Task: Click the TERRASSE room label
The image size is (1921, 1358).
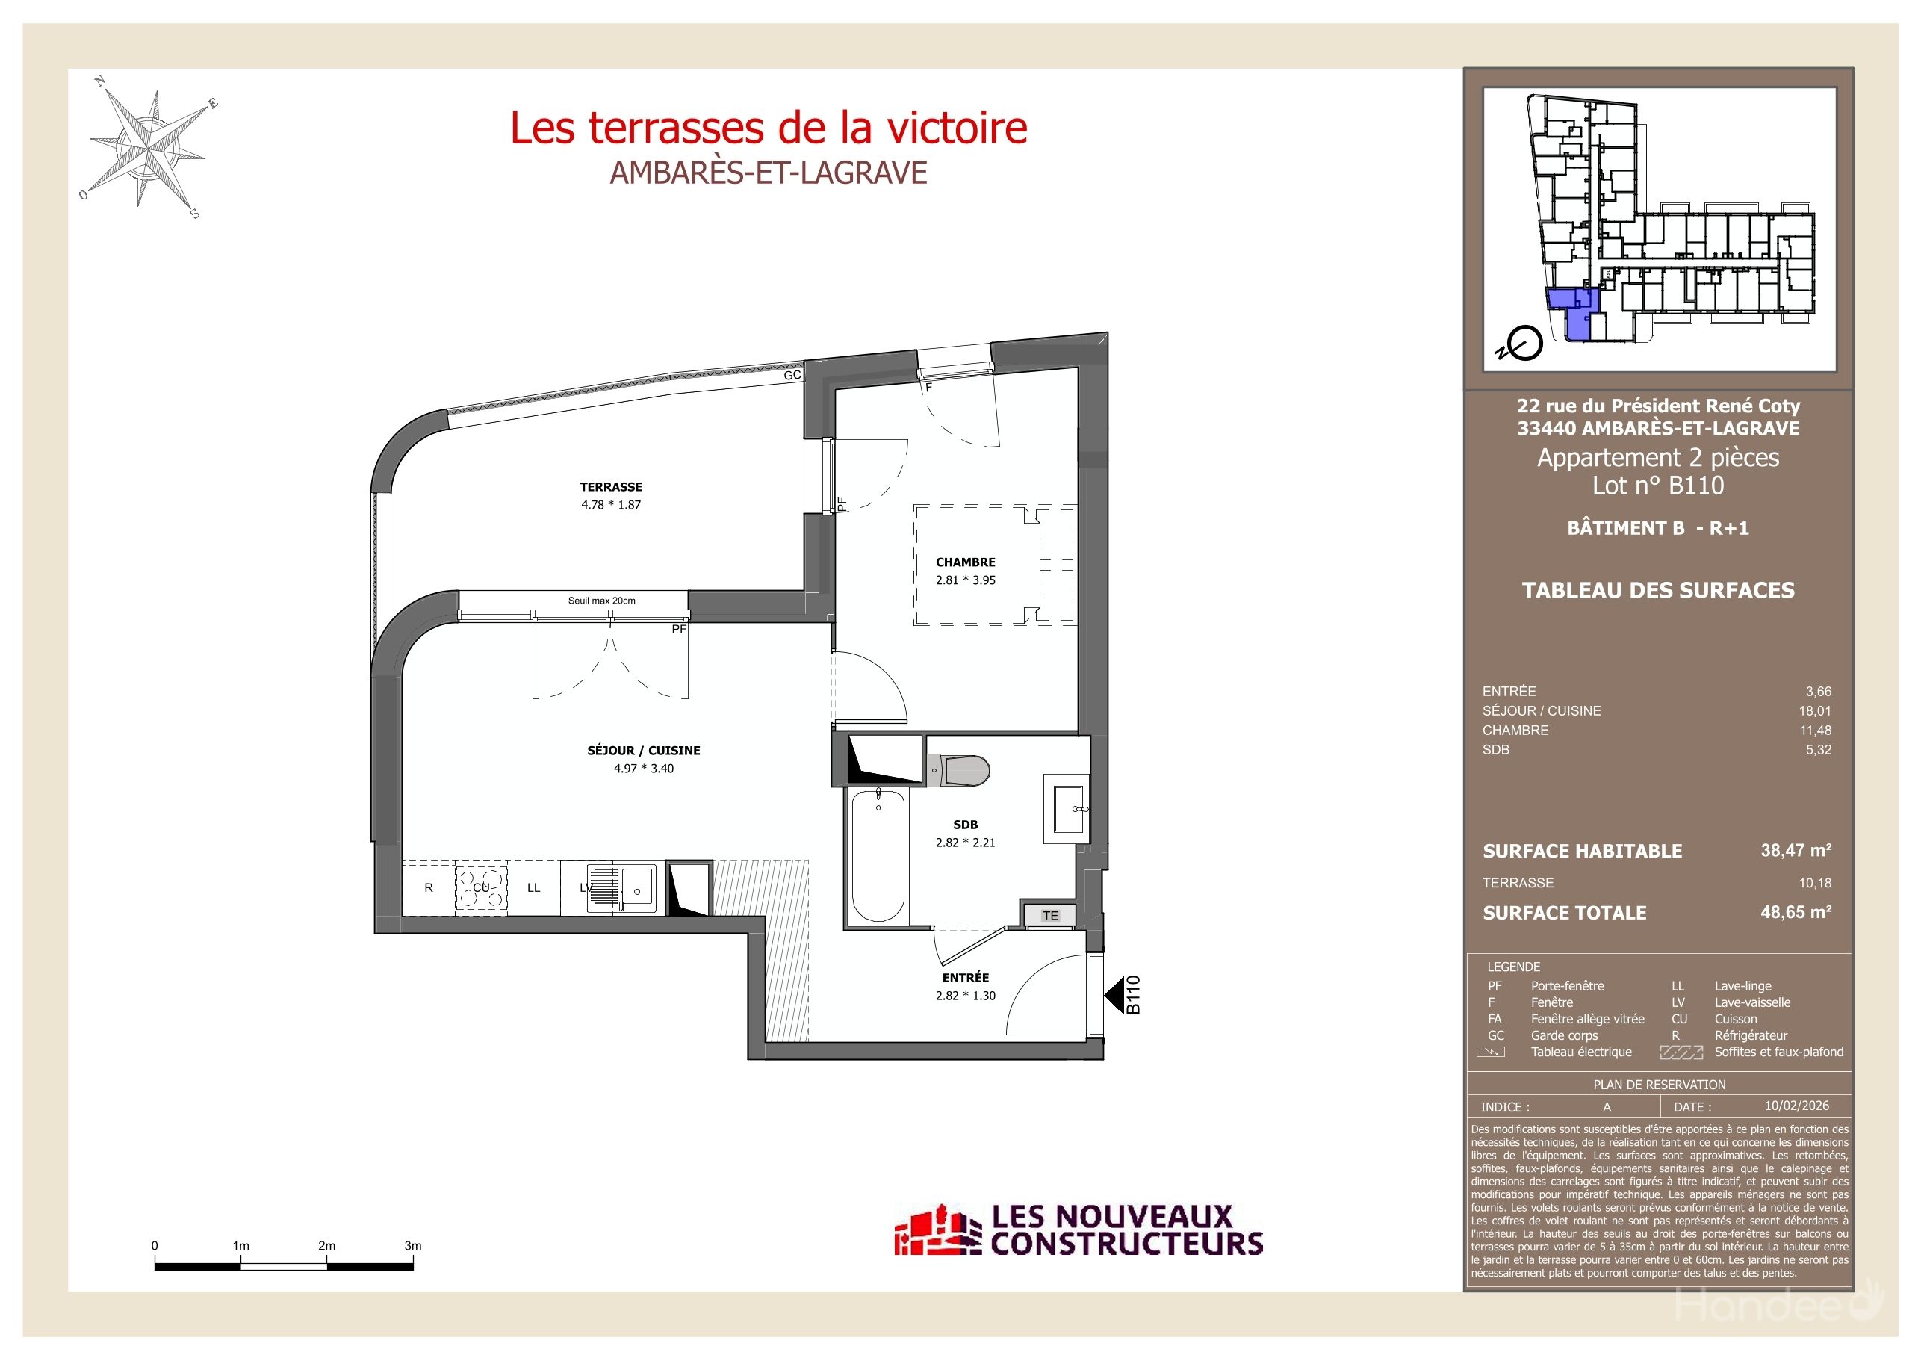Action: tap(611, 486)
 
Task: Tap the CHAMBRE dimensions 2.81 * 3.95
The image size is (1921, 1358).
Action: tap(966, 580)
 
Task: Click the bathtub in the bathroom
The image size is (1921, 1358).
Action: tap(878, 856)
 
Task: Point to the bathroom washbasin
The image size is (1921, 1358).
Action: tap(1067, 809)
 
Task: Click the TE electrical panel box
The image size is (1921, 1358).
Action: tap(1050, 915)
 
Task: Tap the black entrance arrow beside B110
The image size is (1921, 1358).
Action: tap(1114, 996)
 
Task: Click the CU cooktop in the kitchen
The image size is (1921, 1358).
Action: tap(481, 887)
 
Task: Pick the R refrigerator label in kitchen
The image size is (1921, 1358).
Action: tap(429, 887)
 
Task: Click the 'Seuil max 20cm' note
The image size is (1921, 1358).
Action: tap(600, 600)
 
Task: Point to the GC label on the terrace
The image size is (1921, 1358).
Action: tap(792, 376)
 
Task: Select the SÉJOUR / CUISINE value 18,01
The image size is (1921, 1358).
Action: tap(1815, 710)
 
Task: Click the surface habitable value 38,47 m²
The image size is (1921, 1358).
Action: tap(1796, 850)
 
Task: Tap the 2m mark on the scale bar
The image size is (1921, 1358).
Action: tap(326, 1246)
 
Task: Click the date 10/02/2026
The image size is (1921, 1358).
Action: tap(1796, 1106)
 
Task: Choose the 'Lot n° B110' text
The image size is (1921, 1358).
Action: tap(1657, 486)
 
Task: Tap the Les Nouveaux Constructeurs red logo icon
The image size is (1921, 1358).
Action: tap(937, 1231)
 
